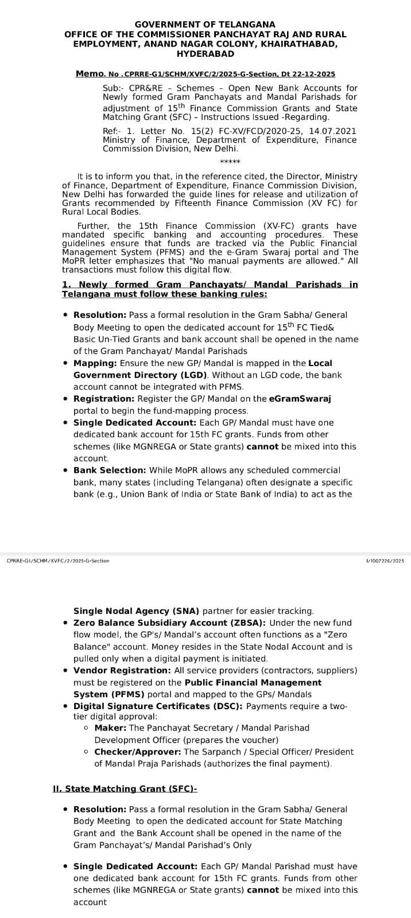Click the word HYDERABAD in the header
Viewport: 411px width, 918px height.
click(205, 54)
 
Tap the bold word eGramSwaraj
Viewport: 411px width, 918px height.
click(300, 399)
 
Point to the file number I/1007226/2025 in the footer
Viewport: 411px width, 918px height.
click(385, 561)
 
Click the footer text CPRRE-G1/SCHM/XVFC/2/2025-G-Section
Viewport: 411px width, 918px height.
click(58, 561)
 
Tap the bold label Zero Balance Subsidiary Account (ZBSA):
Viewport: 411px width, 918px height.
click(170, 623)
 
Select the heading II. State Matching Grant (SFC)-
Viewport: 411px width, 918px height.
click(125, 789)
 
